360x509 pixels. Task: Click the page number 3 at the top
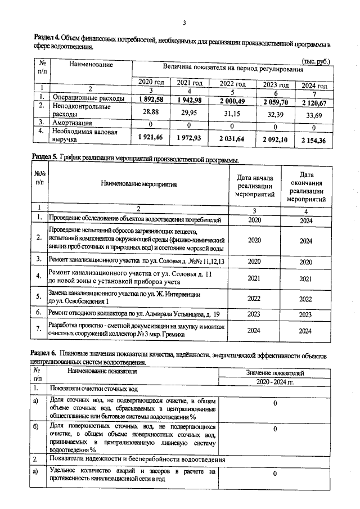pyautogui.click(x=184, y=22)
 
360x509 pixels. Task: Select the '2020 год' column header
pyautogui.click(x=151, y=83)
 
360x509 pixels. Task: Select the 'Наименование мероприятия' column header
pyautogui.click(x=139, y=184)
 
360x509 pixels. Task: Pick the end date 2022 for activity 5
pyautogui.click(x=305, y=299)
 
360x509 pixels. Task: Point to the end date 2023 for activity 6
pyautogui.click(x=305, y=315)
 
